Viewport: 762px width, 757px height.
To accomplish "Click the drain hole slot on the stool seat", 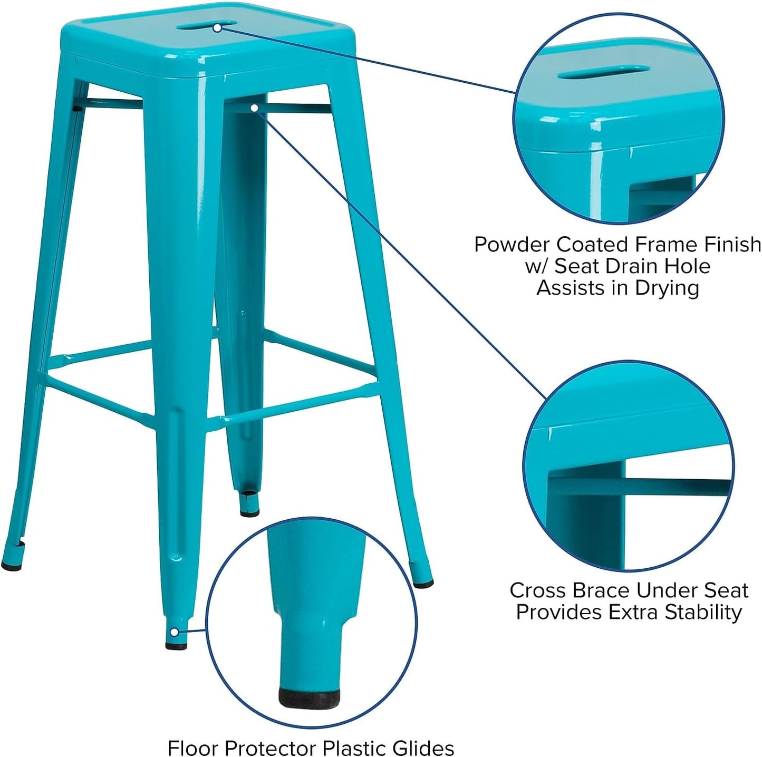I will pos(200,25).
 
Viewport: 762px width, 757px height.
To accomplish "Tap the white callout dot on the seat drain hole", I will pos(217,28).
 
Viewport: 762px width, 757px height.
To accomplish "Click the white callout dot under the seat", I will pos(254,108).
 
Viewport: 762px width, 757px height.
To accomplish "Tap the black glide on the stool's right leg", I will pos(423,584).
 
